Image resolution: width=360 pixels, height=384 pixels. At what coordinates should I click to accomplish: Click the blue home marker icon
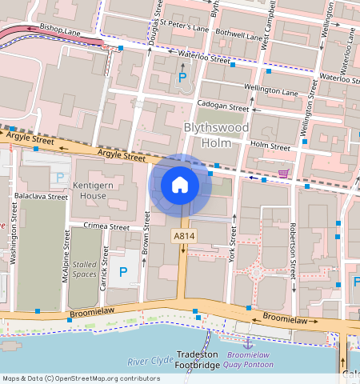(x=180, y=185)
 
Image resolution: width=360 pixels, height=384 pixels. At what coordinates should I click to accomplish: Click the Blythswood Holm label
(x=216, y=135)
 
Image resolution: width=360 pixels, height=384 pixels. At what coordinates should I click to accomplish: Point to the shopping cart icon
(x=283, y=173)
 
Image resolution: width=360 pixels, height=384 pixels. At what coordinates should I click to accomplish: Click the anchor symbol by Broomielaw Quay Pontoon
(x=248, y=343)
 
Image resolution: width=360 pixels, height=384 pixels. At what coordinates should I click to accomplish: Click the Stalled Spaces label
(x=85, y=269)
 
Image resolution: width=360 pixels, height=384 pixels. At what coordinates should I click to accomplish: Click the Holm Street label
(x=270, y=146)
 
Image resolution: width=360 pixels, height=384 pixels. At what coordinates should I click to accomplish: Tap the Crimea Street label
(x=107, y=227)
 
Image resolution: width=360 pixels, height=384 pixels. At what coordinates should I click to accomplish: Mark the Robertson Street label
(x=293, y=250)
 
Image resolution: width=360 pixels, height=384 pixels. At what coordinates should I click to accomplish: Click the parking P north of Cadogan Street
(x=182, y=78)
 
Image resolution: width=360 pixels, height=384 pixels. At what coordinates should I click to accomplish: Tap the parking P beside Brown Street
(x=123, y=272)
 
